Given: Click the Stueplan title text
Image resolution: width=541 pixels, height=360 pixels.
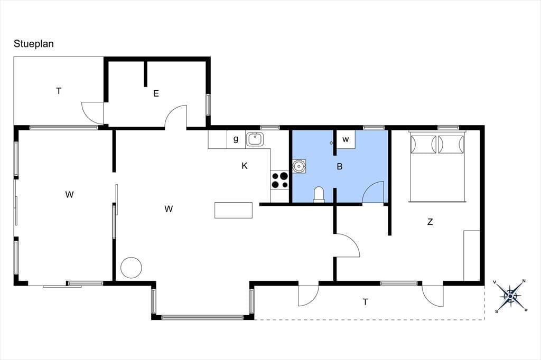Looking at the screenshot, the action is [33, 44].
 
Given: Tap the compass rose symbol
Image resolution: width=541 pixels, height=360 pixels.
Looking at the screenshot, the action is [511, 296].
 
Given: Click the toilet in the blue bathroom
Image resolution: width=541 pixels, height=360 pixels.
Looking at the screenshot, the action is [319, 195].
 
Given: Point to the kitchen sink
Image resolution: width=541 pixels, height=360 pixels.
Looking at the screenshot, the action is [255, 139].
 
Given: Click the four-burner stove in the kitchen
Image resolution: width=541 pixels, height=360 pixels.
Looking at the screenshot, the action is [279, 180].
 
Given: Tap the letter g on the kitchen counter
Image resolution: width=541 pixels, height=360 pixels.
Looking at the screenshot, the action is [236, 139].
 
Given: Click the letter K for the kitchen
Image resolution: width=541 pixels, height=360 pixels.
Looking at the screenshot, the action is [244, 166].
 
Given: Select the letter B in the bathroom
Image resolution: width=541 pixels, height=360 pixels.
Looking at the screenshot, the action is [340, 167].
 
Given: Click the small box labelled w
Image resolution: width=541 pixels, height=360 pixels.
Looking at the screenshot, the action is [346, 139].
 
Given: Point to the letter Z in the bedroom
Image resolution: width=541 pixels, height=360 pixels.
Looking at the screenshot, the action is [430, 222].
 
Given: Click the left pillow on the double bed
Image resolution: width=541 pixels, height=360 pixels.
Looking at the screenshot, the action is [423, 145].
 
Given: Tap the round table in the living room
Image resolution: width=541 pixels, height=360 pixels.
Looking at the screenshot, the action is [131, 268].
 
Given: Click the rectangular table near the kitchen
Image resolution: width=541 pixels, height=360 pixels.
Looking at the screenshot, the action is [234, 210].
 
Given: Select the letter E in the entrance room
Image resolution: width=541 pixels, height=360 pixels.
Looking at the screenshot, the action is [156, 93].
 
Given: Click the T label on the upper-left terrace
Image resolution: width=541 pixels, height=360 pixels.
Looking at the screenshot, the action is [59, 91].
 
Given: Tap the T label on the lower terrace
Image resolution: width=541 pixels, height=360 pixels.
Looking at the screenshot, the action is [366, 302].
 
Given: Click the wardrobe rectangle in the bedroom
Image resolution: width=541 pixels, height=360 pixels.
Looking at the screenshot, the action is [472, 255].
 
